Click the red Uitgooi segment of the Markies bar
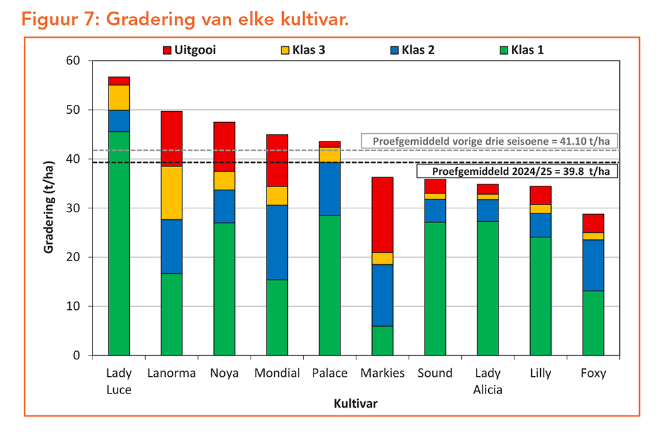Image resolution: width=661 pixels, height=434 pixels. (382, 214)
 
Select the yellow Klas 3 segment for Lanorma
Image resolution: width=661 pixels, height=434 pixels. (172, 192)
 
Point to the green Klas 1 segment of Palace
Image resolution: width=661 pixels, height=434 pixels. (330, 285)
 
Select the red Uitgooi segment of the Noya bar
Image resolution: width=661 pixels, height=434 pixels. (224, 146)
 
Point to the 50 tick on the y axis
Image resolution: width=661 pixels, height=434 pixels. (77, 110)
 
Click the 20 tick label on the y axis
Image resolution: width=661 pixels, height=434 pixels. (77, 257)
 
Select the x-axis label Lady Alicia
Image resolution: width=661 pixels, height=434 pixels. (488, 381)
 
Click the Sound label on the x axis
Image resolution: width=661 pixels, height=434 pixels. (435, 373)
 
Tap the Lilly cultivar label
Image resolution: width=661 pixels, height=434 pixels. (540, 373)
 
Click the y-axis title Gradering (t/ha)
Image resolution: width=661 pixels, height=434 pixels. (49, 208)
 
